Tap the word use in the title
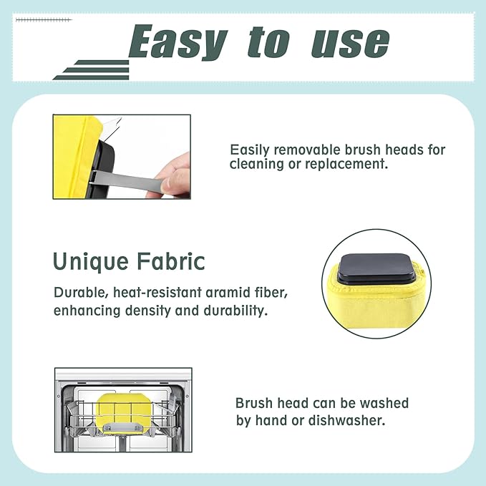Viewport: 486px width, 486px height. [349, 43]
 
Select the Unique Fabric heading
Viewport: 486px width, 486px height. [129, 261]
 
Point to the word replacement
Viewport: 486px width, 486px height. [346, 163]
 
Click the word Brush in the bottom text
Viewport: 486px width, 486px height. [254, 403]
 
